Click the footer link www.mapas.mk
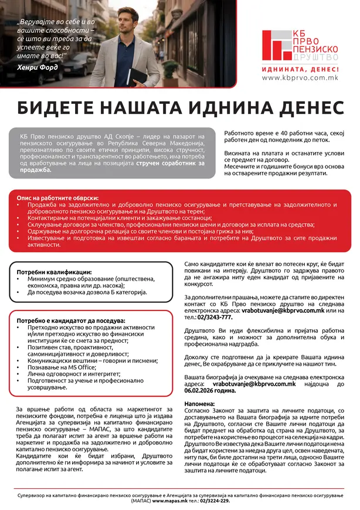(165, 501)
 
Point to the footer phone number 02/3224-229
(214, 501)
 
